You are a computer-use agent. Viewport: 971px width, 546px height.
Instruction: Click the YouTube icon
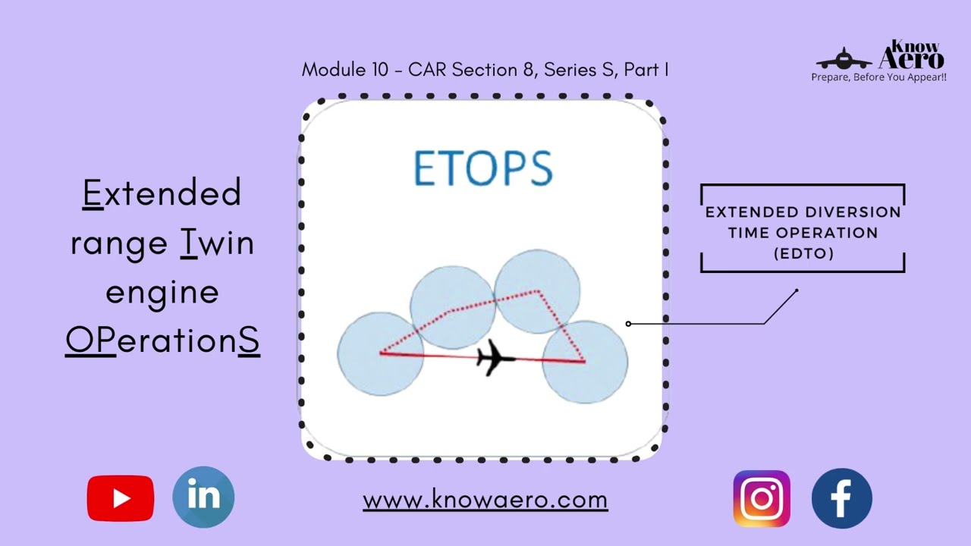click(x=120, y=498)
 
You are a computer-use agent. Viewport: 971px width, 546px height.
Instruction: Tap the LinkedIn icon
click(x=203, y=497)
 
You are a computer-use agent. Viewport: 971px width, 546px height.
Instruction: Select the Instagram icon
click(x=762, y=498)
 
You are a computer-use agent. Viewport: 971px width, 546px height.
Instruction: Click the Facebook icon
click(x=841, y=498)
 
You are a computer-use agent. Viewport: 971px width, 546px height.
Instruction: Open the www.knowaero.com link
click(x=485, y=500)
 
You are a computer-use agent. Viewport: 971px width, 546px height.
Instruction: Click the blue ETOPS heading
click(x=483, y=168)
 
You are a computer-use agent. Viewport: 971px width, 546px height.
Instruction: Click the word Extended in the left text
click(x=162, y=193)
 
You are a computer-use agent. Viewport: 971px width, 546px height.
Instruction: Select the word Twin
click(x=217, y=243)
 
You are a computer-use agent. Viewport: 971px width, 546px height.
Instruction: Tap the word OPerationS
click(x=162, y=341)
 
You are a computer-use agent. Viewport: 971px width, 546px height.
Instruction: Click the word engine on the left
click(x=162, y=292)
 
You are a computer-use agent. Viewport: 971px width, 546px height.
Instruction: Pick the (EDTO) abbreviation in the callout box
click(x=803, y=254)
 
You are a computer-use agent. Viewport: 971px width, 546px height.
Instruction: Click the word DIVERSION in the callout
click(x=853, y=212)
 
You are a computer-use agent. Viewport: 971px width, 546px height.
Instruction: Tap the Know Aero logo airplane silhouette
click(x=844, y=59)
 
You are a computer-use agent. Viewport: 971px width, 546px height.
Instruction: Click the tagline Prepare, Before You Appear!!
click(x=878, y=77)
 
